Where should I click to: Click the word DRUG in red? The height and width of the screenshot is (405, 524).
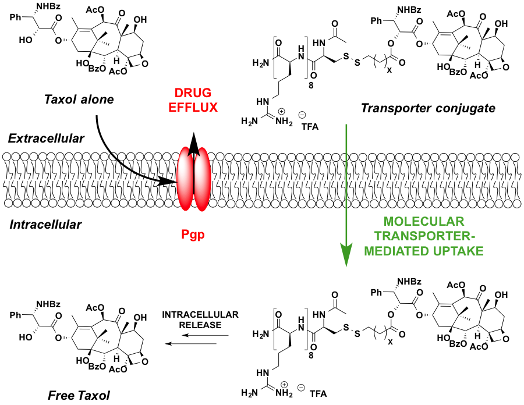click(x=193, y=93)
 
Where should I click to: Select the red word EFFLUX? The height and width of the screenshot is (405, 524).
click(x=193, y=108)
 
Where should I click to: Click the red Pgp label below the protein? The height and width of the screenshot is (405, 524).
click(x=193, y=235)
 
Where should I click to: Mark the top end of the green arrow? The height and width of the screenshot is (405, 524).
click(x=346, y=125)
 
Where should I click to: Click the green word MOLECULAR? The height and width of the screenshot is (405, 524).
click(x=424, y=222)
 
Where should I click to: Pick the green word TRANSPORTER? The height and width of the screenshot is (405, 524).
click(x=422, y=236)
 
